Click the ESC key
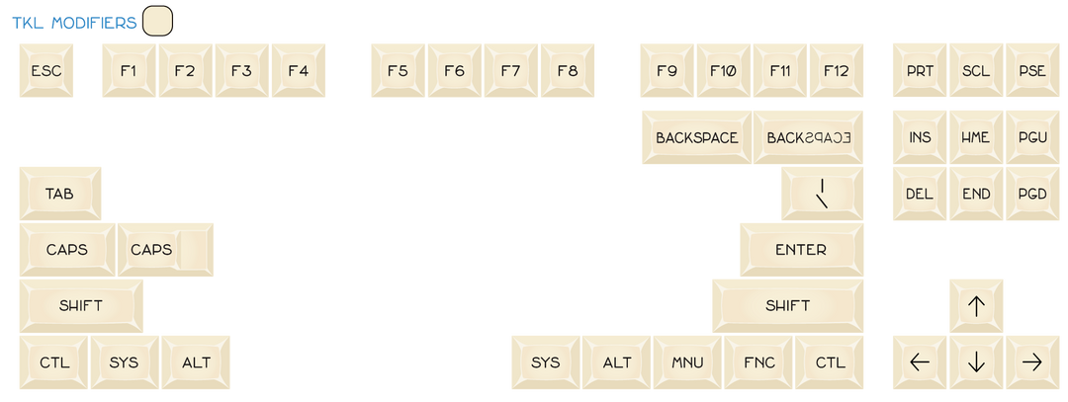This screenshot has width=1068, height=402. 46,71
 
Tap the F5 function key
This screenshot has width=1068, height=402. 398,71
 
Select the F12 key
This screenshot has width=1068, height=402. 837,71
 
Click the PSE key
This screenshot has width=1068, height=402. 1032,71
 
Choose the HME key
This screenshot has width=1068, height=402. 976,137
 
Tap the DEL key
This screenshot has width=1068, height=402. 920,194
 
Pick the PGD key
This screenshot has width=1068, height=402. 1032,194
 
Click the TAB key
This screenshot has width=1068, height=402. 60,194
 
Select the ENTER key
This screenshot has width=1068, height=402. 802,250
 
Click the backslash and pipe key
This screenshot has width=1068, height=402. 822,194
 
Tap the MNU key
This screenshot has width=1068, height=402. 687,362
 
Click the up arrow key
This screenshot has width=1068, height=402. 976,306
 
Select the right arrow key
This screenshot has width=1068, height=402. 1032,362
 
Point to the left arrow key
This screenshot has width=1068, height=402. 920,362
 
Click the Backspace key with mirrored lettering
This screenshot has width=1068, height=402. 809,137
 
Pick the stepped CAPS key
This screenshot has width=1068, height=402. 165,250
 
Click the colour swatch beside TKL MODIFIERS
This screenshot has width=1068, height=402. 158,21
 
